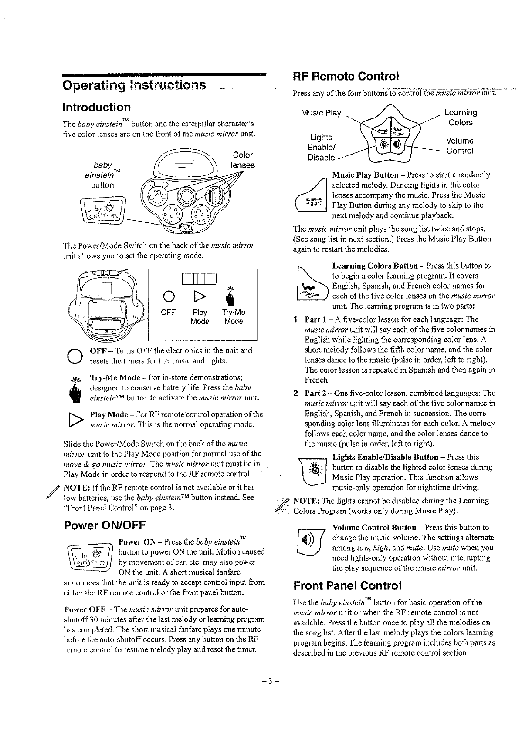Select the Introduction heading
coord(96,107)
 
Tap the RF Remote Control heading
coord(346,77)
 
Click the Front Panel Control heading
coord(347,585)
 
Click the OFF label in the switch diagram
coord(168,313)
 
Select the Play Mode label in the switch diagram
coord(200,317)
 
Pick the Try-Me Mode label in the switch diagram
coord(234,317)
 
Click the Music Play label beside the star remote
coord(321,113)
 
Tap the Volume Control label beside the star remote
coord(459,146)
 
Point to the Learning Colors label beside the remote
coord(461,118)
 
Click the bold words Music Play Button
coord(365,175)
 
